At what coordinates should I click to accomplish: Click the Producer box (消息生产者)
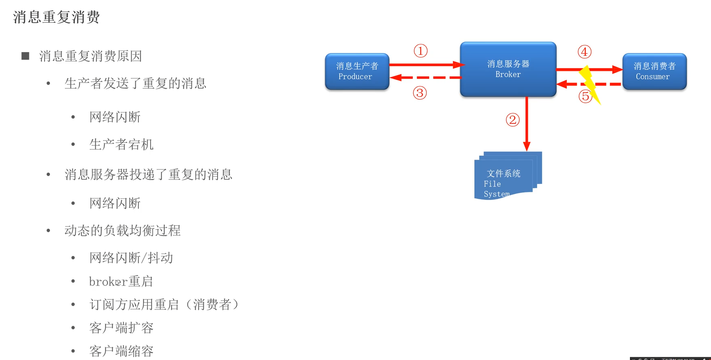[x=357, y=71]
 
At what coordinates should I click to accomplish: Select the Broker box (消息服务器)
[x=508, y=69]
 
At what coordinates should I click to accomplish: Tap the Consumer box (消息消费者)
[x=654, y=71]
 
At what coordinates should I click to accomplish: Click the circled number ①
[x=421, y=51]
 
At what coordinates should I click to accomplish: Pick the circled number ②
[x=512, y=120]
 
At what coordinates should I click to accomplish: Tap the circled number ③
[x=420, y=93]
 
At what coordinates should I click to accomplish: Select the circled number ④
[x=584, y=52]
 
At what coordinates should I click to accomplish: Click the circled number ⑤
[x=585, y=96]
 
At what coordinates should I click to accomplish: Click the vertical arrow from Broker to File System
[x=527, y=124]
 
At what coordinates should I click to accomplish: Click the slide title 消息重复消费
[x=56, y=17]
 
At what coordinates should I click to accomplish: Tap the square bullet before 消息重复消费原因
[x=26, y=56]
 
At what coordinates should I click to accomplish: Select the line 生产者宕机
[x=121, y=145]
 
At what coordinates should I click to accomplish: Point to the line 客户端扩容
[x=121, y=328]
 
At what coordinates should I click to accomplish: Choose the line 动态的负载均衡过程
[x=122, y=230]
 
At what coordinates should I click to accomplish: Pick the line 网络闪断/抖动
[x=131, y=258]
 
